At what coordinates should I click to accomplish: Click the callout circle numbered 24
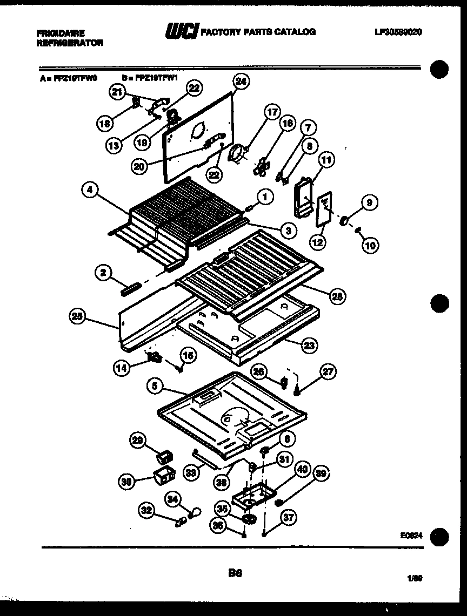point(241,82)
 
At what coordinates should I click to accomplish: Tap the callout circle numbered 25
point(77,316)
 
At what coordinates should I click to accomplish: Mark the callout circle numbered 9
point(370,203)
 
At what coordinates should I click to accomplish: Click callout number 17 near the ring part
point(272,112)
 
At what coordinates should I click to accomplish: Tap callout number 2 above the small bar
point(102,273)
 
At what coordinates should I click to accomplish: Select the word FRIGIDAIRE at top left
point(61,33)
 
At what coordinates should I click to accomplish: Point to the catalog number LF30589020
point(398,32)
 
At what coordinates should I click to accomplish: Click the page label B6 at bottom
point(235,575)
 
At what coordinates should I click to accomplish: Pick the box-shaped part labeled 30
point(163,476)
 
